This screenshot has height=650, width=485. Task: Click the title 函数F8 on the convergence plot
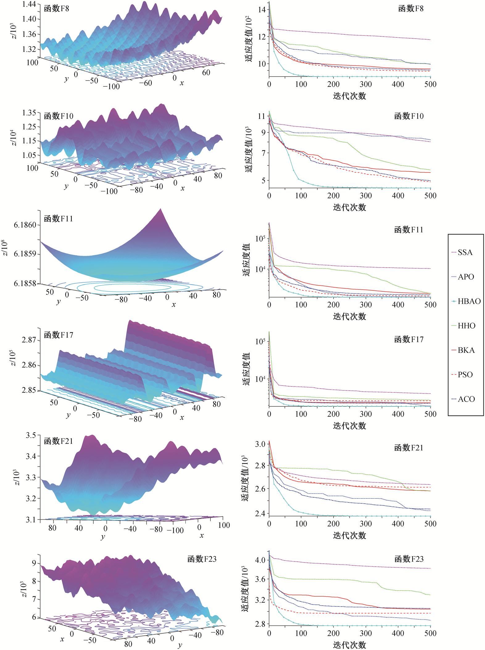click(x=411, y=8)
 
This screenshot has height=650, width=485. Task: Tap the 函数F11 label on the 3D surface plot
click(x=58, y=219)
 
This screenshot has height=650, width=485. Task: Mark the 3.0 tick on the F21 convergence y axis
click(x=260, y=444)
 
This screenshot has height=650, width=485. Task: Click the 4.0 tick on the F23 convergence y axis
click(x=260, y=560)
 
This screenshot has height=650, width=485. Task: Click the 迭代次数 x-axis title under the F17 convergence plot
click(x=350, y=426)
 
